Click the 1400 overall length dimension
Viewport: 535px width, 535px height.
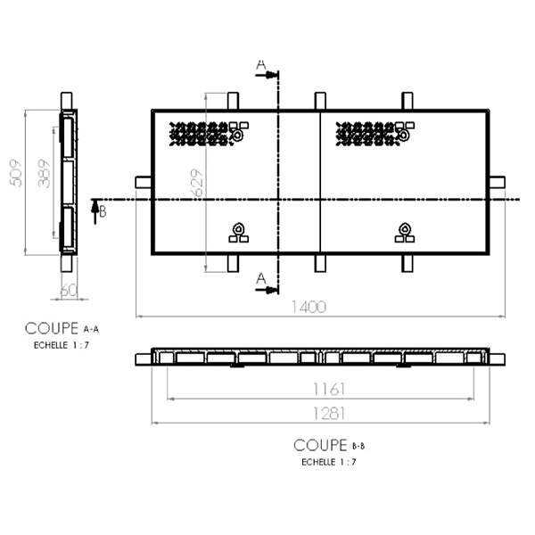coord(309,307)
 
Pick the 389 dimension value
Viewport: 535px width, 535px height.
coord(43,181)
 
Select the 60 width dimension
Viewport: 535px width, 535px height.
coord(69,291)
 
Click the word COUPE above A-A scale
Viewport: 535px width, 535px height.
coord(52,329)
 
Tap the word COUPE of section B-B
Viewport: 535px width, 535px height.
coord(320,444)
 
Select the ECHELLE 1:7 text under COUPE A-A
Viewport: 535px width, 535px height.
coord(62,345)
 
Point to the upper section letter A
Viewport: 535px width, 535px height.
coord(261,64)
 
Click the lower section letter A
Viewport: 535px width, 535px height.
coord(261,279)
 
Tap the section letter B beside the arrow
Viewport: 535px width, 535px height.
coord(103,211)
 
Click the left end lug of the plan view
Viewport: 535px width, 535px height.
coord(144,182)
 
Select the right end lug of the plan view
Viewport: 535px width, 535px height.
coord(497,182)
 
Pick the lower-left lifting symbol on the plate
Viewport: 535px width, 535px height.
coord(238,232)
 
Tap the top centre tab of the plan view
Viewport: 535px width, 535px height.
coord(320,100)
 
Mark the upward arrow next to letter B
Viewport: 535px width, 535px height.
coord(94,209)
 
